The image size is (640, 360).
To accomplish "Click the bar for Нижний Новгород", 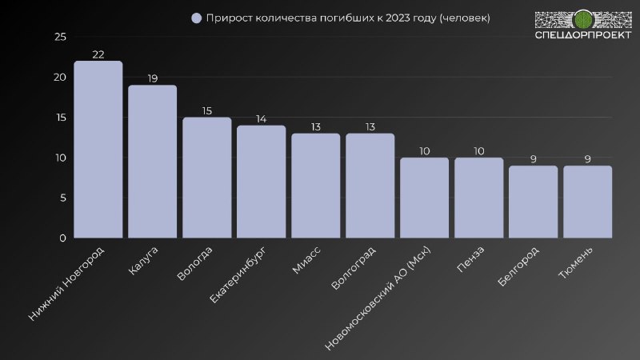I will pos(98,150).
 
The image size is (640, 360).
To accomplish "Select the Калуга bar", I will pos(152,162).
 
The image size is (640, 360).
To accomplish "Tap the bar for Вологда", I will pos(206,178).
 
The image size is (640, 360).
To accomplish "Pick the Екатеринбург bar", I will pos(261,182).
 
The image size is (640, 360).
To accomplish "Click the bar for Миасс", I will pos(315,186).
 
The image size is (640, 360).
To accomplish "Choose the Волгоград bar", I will pos(370,186).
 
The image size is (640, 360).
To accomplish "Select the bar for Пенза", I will pos(478,198).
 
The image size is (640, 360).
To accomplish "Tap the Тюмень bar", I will pos(587,202).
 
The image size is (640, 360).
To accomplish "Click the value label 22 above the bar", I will pos(98,54).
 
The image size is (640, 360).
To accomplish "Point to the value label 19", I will pos(152,78).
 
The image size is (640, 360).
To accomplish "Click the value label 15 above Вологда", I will pos(206,110).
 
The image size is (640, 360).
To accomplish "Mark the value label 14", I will pos(261,118).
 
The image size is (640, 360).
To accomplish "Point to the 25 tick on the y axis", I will pos(60,37).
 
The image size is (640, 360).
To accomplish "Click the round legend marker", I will pos(197,18).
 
